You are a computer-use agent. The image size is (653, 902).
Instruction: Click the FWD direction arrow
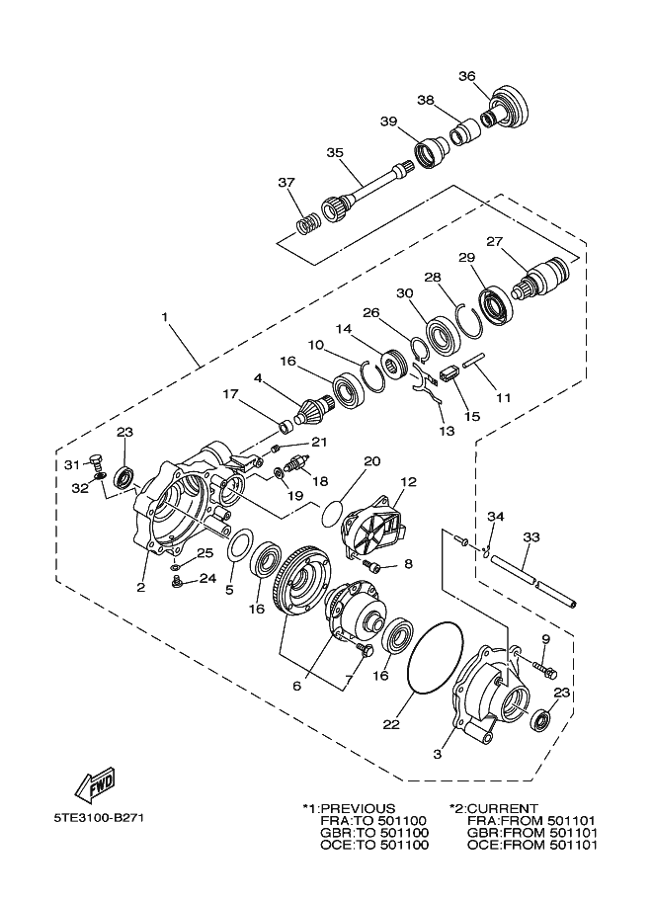coord(95,785)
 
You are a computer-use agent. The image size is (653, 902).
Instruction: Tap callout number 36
coord(467,76)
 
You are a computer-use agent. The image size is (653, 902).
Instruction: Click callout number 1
coord(165,317)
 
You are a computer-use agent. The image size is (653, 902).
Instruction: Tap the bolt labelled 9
coord(540,671)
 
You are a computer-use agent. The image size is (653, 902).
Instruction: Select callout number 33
coord(531,537)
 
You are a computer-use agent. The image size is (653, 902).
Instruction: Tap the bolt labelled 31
coord(96,459)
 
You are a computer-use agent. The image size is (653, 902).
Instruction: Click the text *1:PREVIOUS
coord(349,808)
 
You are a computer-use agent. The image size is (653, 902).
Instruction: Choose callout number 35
coord(335,153)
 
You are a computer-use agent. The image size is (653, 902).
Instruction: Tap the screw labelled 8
coord(374,564)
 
